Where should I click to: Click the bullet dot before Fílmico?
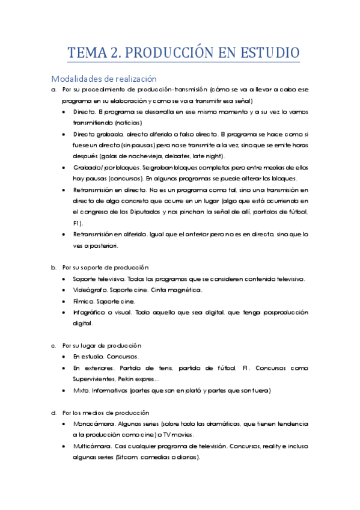click(x=64, y=301)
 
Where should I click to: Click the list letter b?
click(x=53, y=267)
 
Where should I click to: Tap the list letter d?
click(x=53, y=413)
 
